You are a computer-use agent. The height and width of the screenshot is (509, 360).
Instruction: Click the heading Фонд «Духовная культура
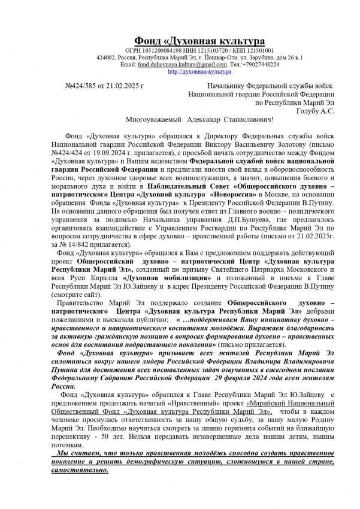click(199, 41)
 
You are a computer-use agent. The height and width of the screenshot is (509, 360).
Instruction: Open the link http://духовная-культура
click(199, 71)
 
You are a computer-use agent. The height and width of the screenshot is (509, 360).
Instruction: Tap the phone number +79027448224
click(263, 64)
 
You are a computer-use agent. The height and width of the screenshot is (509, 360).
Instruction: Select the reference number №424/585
click(82, 87)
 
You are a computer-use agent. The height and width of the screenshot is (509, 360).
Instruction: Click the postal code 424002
click(106, 57)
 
